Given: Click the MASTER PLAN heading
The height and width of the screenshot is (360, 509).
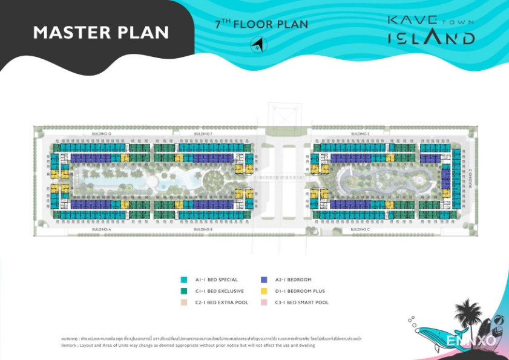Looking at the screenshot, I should point(101,32).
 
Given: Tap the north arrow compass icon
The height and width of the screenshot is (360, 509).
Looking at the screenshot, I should point(259,44).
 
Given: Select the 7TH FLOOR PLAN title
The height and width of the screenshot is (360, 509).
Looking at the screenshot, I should point(261,25).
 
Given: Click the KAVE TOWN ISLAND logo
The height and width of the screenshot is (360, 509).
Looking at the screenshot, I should point(430,30).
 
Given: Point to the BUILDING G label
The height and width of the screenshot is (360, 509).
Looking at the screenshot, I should point(101,133).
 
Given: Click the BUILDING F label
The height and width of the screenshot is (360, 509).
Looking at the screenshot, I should point(202,133).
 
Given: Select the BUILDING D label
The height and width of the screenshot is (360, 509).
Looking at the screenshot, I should point(470,178).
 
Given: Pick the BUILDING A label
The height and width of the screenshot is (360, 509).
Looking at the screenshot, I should point(101,230).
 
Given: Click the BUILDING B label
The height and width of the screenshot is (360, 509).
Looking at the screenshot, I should point(202,230).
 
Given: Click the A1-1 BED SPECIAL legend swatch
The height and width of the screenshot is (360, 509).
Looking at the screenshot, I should point(184,280).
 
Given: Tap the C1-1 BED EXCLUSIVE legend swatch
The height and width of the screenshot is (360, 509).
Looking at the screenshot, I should point(184,291).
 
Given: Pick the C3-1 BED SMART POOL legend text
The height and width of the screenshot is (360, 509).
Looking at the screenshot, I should point(301,302).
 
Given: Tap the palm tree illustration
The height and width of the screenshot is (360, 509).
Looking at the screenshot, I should point(467,315).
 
